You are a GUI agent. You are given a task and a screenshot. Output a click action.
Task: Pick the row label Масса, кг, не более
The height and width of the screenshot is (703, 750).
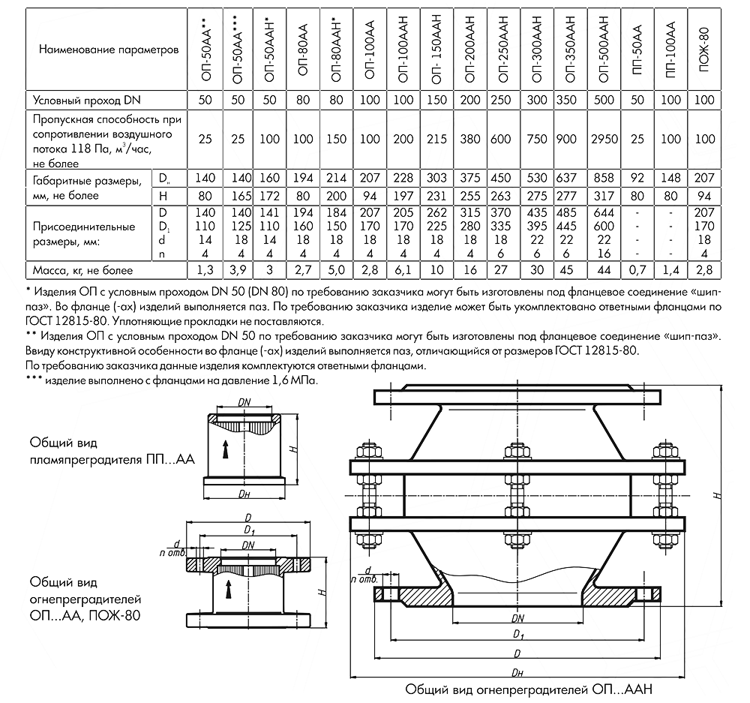coord(79,268)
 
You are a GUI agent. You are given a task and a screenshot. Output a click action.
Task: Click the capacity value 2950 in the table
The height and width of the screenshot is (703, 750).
coord(604,139)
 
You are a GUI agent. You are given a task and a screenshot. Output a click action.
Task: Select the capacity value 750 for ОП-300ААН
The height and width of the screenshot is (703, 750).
coord(536,139)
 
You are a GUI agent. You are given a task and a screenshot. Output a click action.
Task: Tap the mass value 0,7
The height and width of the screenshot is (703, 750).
coord(638,268)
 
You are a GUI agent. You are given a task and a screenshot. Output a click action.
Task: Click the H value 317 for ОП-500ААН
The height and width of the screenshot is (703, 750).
coord(604,196)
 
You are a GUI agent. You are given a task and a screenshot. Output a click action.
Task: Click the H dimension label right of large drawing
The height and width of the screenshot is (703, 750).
coord(718,495)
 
